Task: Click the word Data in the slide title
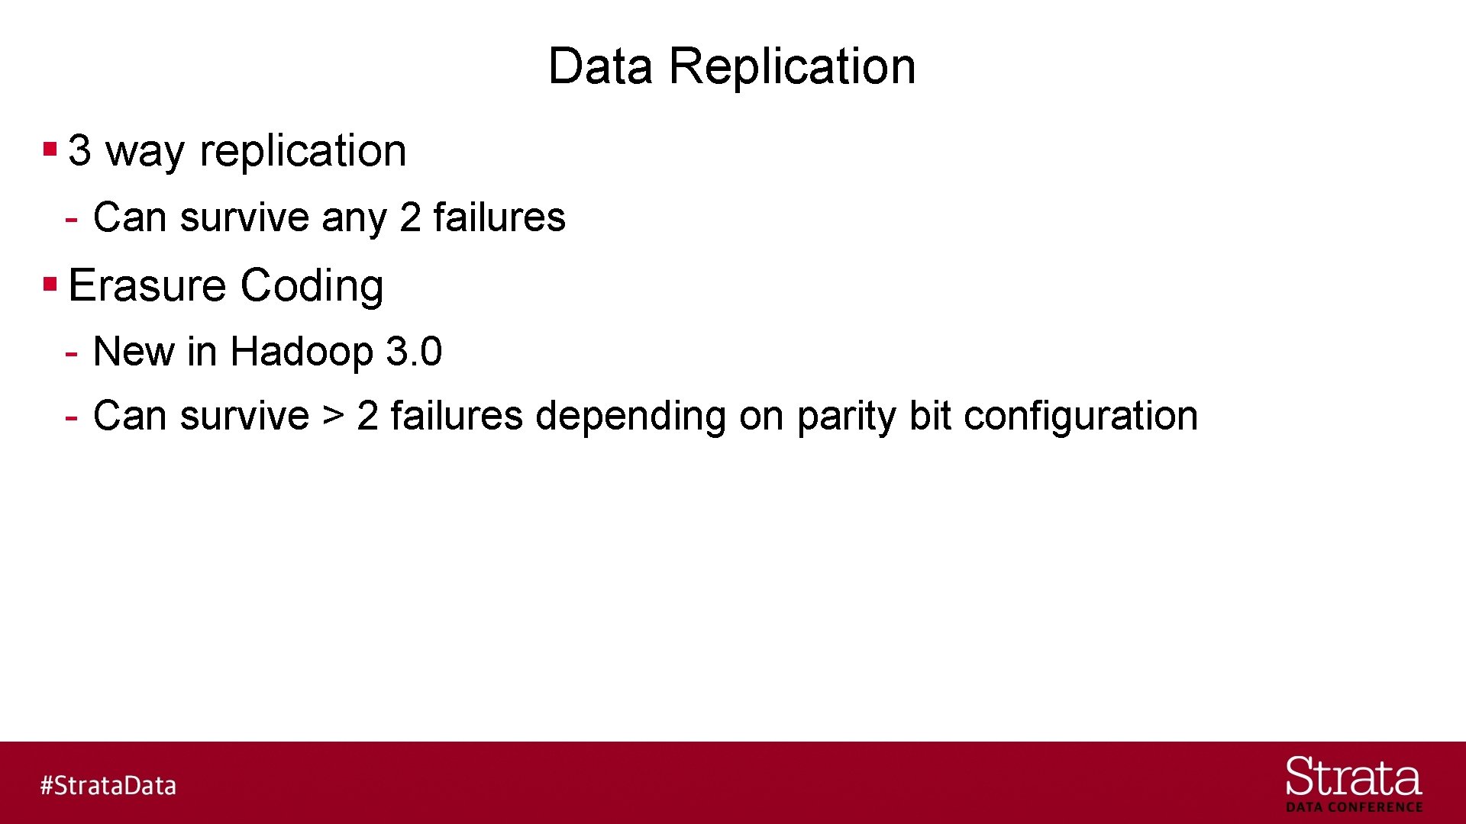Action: (x=600, y=66)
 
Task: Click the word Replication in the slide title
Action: (x=792, y=66)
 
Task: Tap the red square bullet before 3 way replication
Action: (x=50, y=149)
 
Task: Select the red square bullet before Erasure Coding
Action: (x=50, y=285)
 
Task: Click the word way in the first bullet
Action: (x=145, y=151)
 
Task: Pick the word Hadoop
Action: (x=302, y=352)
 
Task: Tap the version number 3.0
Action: (x=414, y=352)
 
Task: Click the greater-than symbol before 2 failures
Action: (x=333, y=415)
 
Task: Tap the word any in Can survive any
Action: (x=354, y=219)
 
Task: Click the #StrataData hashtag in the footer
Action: (x=108, y=785)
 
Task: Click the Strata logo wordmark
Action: (x=1353, y=777)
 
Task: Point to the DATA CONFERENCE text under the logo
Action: (x=1354, y=807)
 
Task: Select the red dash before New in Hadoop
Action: (x=72, y=353)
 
